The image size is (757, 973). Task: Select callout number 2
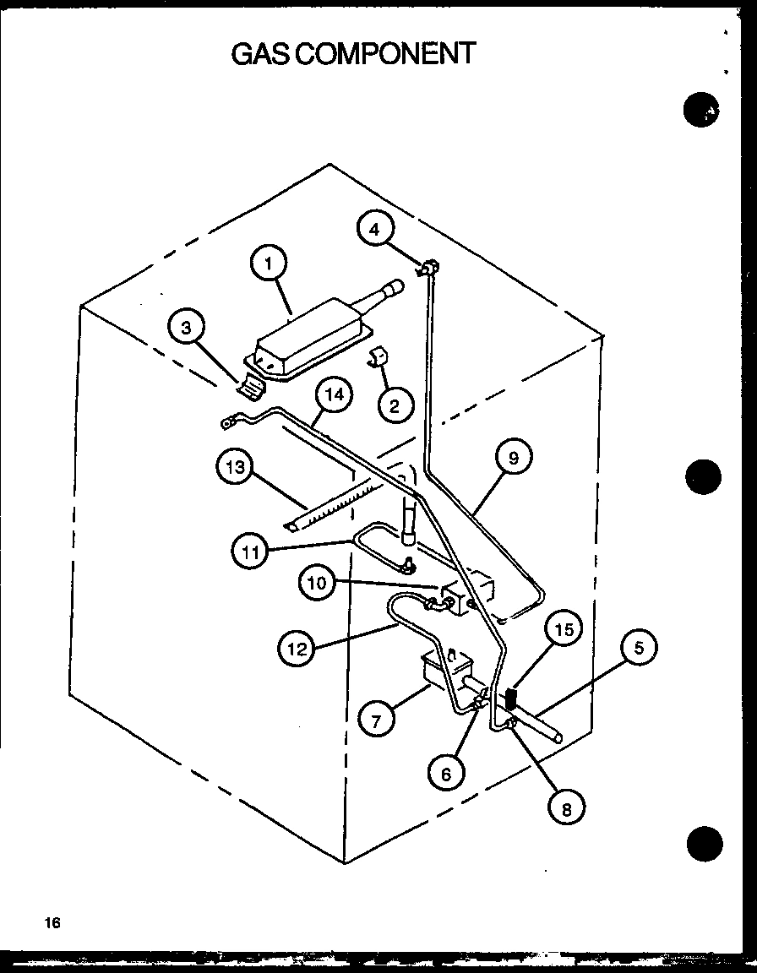pyautogui.click(x=391, y=405)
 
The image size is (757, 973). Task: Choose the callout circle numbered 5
pyautogui.click(x=640, y=649)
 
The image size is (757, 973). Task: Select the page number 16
pyautogui.click(x=53, y=923)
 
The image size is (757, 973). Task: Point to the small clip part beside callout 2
pyautogui.click(x=375, y=359)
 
